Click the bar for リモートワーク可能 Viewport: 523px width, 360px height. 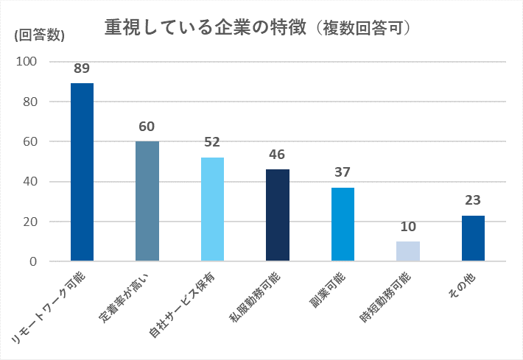pyautogui.click(x=82, y=172)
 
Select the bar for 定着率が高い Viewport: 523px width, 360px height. pyautogui.click(x=147, y=201)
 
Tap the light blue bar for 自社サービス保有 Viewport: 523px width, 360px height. pyautogui.click(x=212, y=209)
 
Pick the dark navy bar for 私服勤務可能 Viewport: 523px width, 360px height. pyautogui.click(x=278, y=215)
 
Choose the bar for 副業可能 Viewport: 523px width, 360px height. pyautogui.click(x=343, y=224)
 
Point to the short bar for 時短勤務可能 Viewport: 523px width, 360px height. pyautogui.click(x=408, y=251)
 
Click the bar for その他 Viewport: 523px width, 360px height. pyautogui.click(x=473, y=238)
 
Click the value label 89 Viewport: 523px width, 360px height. pyautogui.click(x=82, y=68)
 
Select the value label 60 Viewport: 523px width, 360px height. pyautogui.click(x=147, y=127)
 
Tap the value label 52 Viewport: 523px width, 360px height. pyautogui.click(x=212, y=143)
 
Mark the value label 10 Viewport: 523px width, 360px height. pyautogui.click(x=408, y=227)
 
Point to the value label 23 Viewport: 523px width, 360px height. pyautogui.click(x=473, y=201)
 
